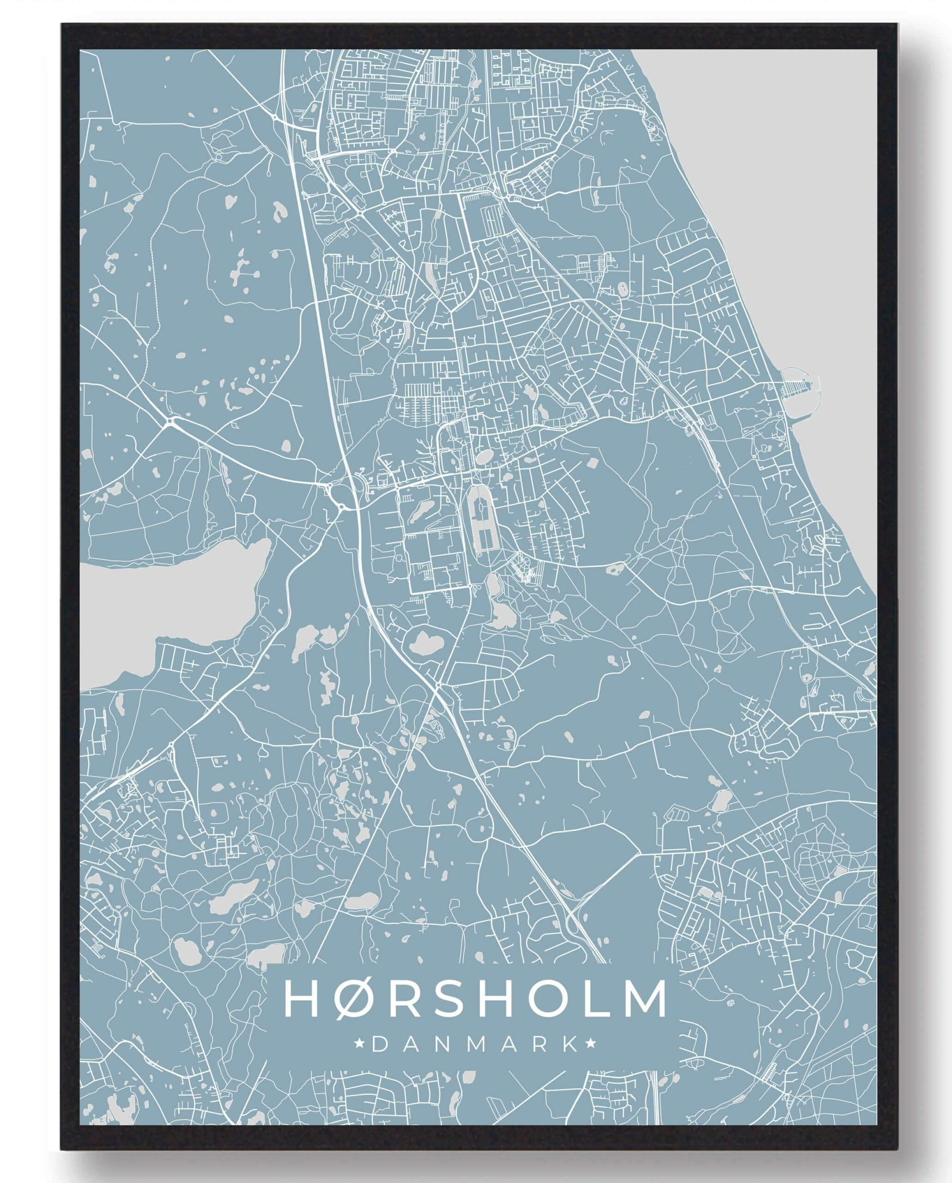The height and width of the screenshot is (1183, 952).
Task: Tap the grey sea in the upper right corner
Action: (x=795, y=165)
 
